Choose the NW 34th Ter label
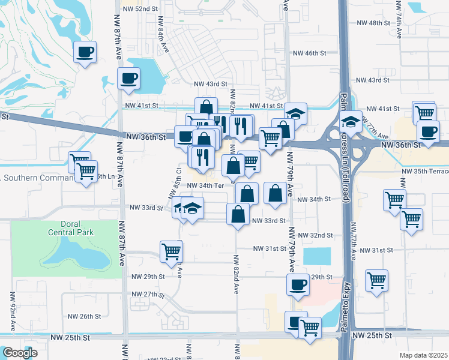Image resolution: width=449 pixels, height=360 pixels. click(x=205, y=185)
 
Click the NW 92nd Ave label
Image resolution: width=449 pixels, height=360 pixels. click(x=12, y=312)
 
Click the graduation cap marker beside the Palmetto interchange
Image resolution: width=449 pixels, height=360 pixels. click(x=350, y=122)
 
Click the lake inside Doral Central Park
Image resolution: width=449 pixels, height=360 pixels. click(x=75, y=255)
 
